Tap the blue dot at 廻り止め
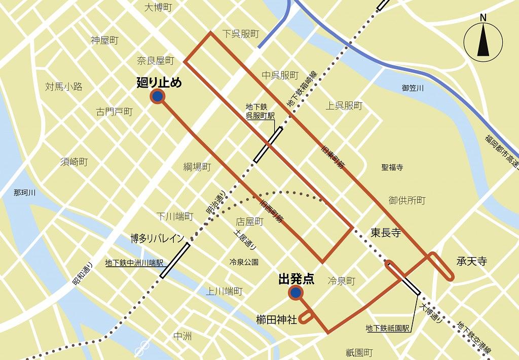pos(158,96)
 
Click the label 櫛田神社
pos(276,319)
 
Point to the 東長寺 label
pos(386,233)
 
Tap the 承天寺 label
pos(472,262)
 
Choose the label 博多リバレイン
pos(157,238)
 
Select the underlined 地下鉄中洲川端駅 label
pos(134,263)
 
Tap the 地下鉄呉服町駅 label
pos(260,111)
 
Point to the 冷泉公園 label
pos(244,262)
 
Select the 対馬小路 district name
pos(63,86)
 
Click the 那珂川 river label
pos(25,193)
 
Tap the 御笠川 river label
pos(413,88)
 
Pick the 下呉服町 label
pos(241,34)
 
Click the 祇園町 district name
pos(359,352)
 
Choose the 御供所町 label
pos(407,201)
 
